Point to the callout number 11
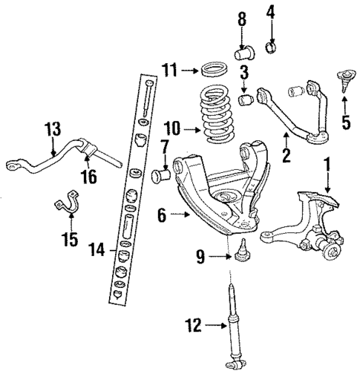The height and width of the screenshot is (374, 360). pyautogui.click(x=170, y=71)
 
